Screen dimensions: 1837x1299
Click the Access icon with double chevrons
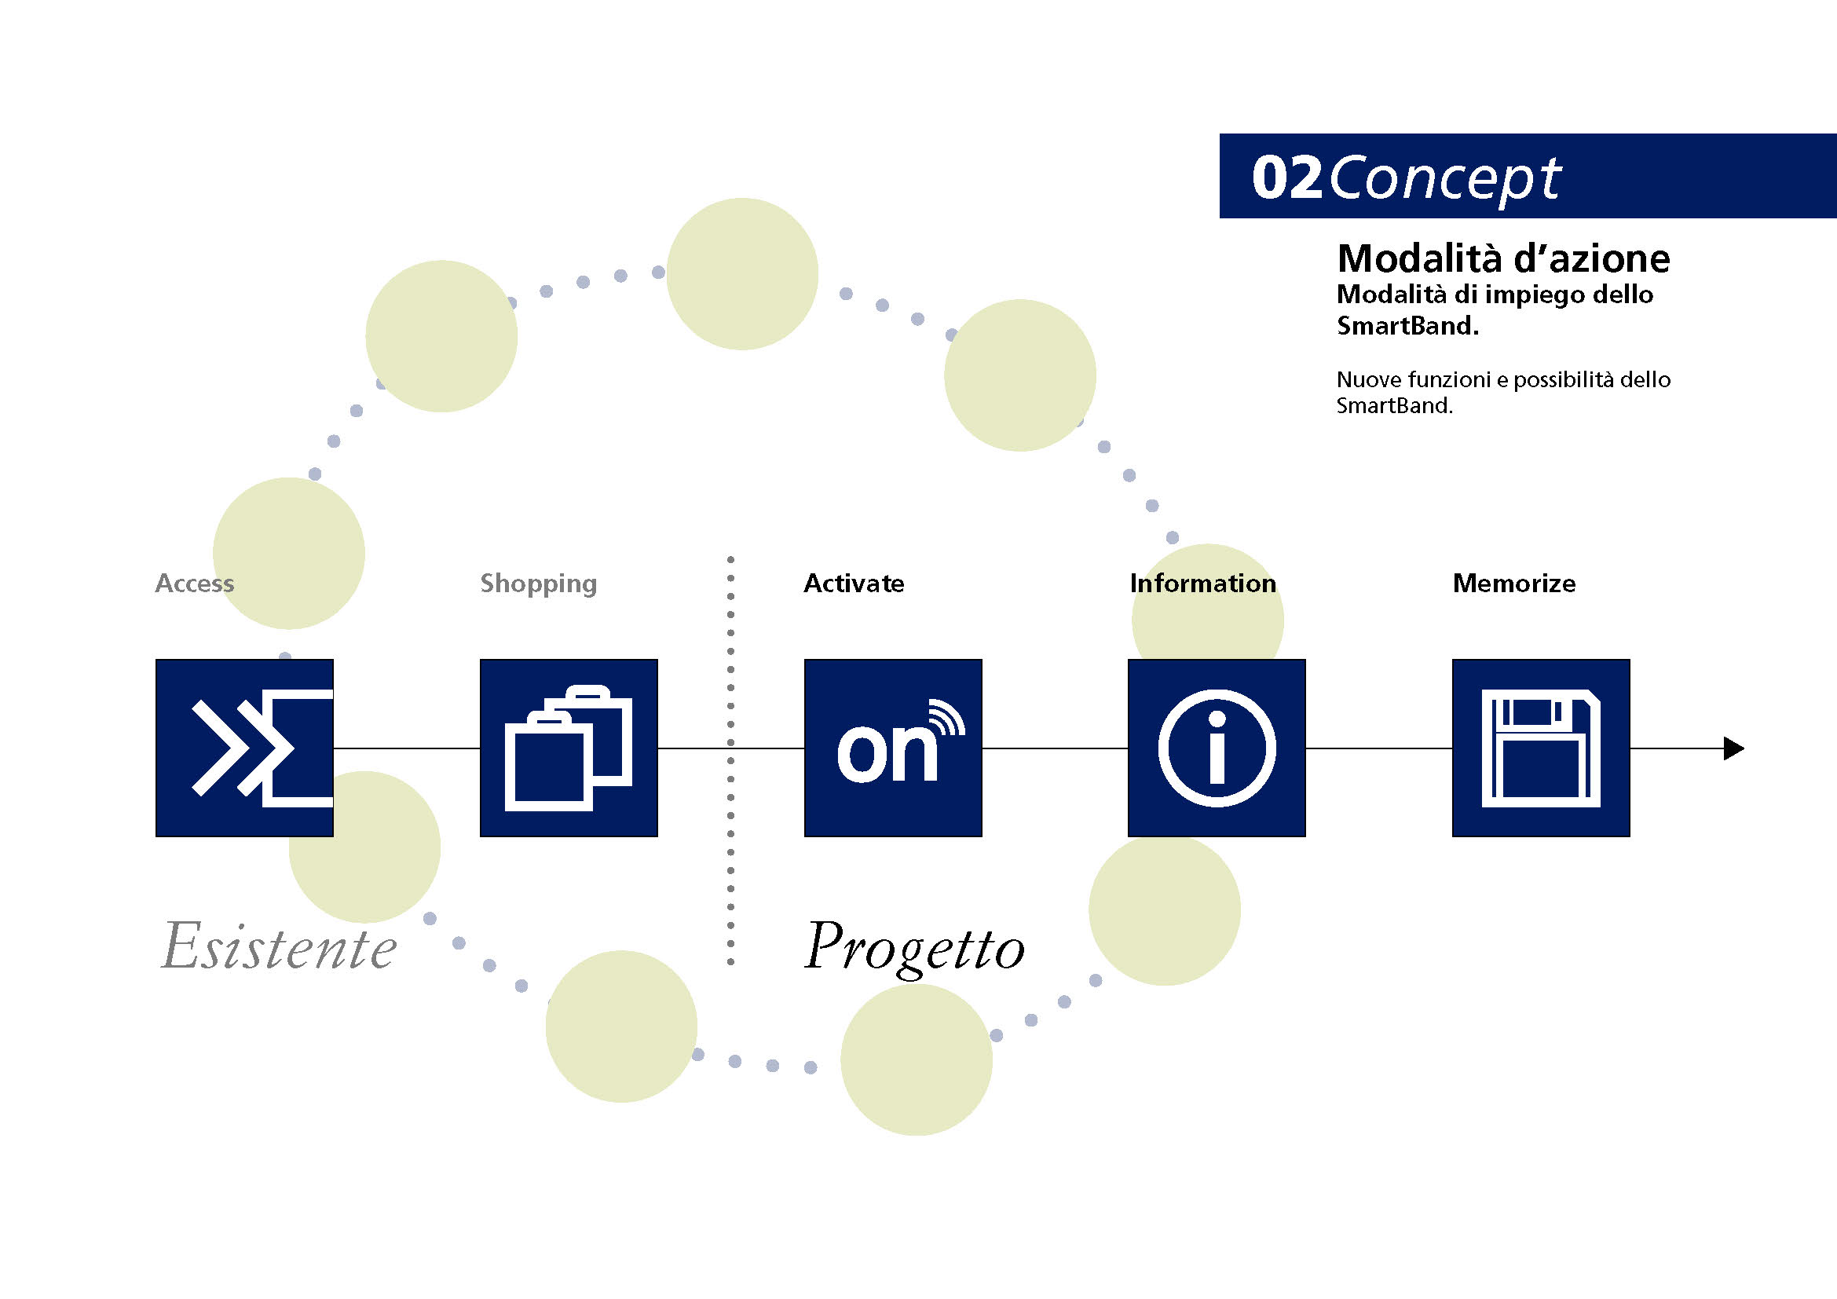click(244, 748)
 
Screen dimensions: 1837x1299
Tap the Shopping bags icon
click(569, 748)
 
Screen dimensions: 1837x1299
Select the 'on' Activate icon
click(893, 748)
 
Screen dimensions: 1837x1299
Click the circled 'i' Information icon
click(1217, 748)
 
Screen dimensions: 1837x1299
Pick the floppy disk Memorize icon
click(1541, 748)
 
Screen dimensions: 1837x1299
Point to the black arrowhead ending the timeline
click(1734, 748)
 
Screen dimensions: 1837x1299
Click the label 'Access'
click(195, 583)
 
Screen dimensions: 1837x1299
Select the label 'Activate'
click(854, 583)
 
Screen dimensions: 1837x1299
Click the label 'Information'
click(1202, 583)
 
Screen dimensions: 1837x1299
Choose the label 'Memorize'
click(1513, 583)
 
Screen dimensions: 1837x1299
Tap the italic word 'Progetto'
click(914, 949)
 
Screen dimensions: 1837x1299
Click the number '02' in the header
click(1286, 177)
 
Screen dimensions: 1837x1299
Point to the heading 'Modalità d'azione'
click(1503, 258)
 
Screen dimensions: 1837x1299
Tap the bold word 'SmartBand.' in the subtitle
click(1407, 326)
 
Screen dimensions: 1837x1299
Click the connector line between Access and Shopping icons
click(407, 748)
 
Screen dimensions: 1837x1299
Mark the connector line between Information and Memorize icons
click(1379, 748)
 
